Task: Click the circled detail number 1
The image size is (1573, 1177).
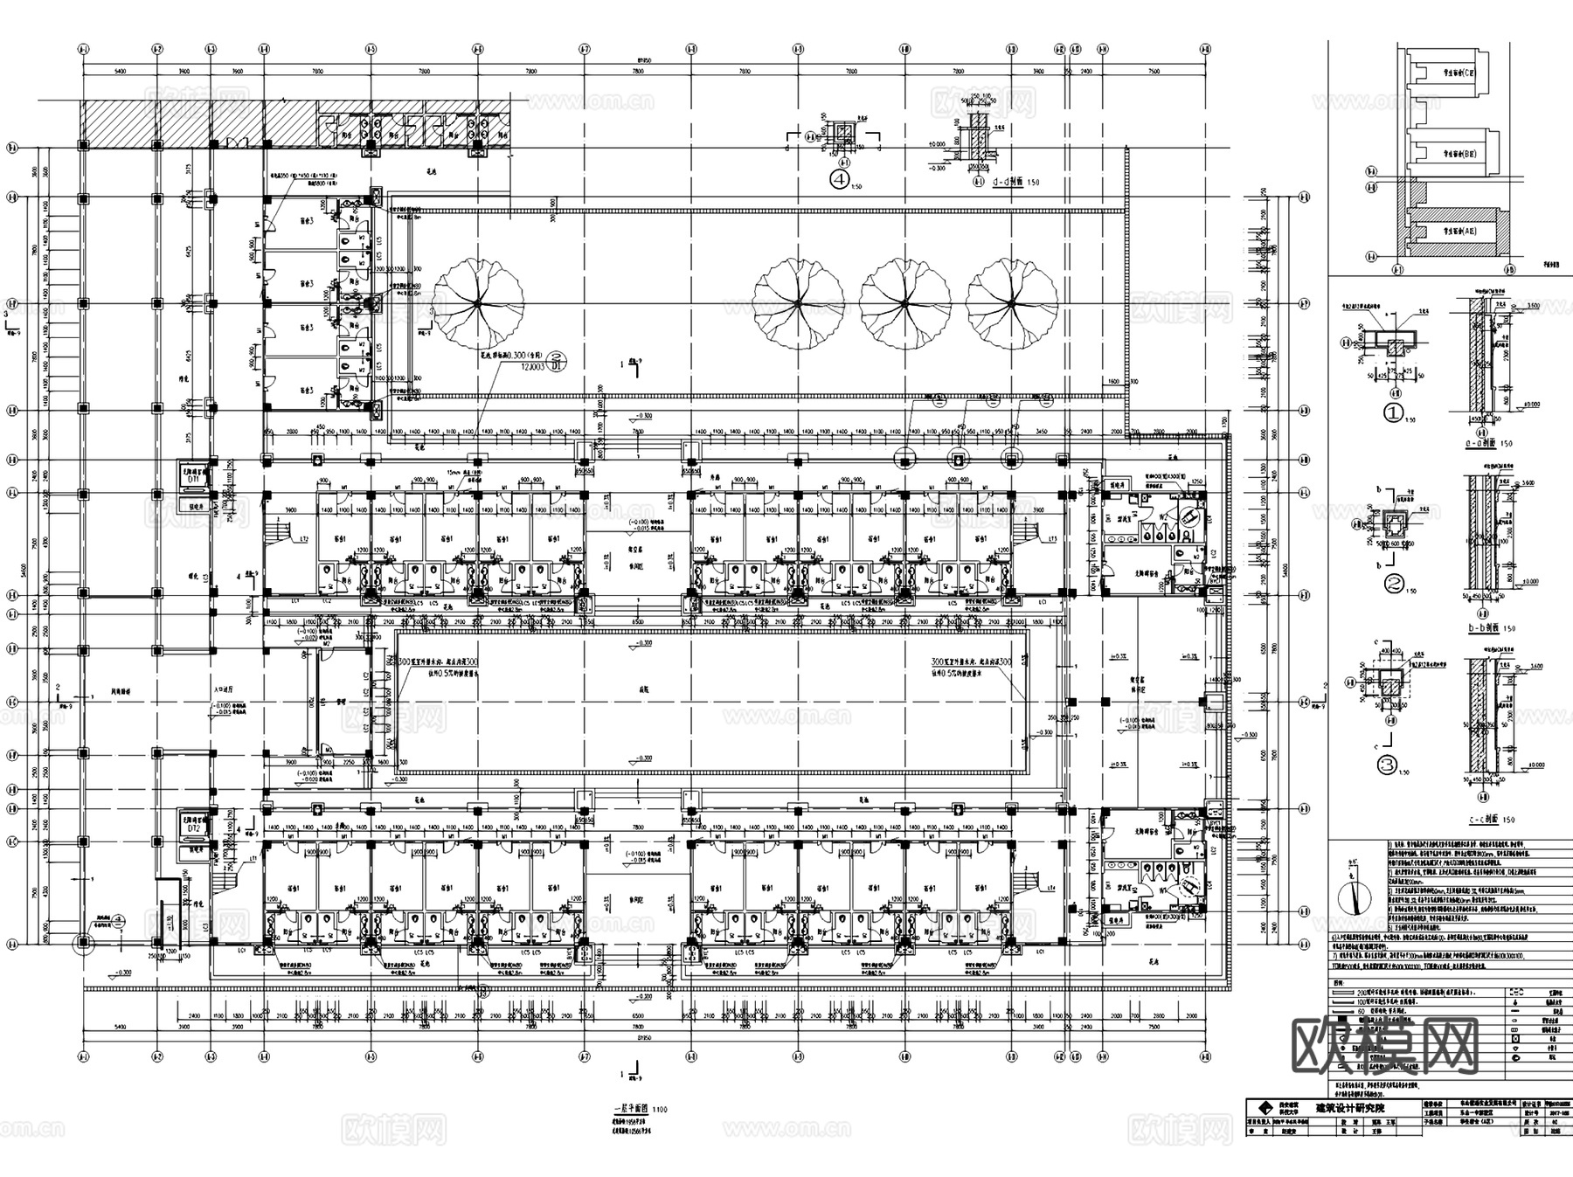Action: [1393, 414]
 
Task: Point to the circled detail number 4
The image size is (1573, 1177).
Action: [840, 180]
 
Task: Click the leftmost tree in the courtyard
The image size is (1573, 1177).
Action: [478, 302]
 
